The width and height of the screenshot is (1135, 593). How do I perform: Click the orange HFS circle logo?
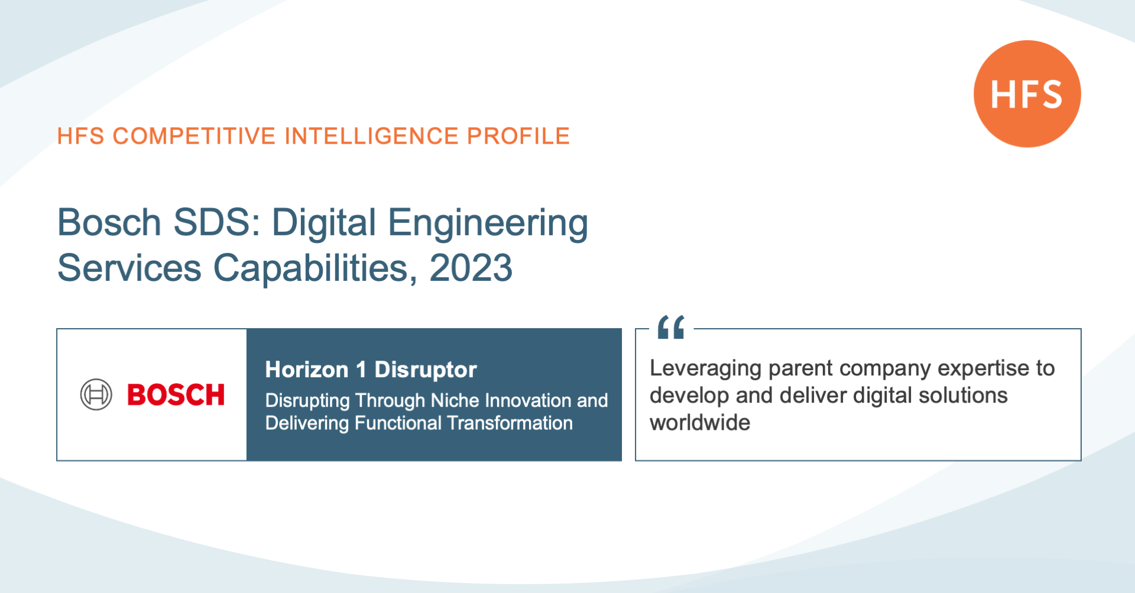pos(1027,93)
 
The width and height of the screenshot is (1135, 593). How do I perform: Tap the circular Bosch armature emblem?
pos(96,394)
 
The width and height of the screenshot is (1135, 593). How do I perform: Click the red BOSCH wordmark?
pos(176,395)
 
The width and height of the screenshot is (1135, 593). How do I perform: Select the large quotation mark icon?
pos(671,327)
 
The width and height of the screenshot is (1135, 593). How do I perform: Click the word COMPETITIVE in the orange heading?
pos(194,136)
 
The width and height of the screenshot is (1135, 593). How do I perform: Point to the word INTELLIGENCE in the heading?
pos(372,136)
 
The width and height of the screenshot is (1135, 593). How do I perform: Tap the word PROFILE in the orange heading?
pos(518,136)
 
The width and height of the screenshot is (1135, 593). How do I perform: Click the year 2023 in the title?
pos(471,268)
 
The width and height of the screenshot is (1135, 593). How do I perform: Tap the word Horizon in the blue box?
pos(307,370)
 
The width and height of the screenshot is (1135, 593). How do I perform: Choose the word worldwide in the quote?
pos(700,423)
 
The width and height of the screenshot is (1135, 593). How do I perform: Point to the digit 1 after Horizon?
pos(361,370)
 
